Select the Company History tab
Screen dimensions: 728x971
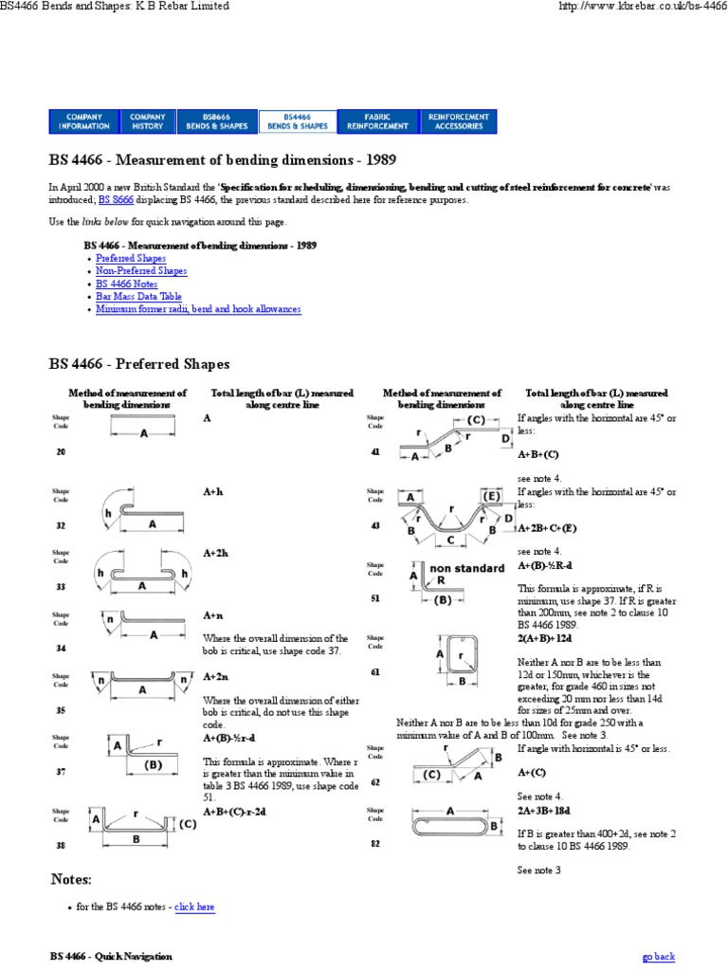point(147,120)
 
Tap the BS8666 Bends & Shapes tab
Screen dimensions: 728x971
point(216,120)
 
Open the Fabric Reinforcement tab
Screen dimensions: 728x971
point(377,120)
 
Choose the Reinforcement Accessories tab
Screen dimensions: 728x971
point(459,120)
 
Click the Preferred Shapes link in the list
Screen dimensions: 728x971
point(131,258)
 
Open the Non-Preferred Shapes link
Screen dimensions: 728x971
point(141,270)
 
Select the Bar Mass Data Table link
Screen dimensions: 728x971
point(138,296)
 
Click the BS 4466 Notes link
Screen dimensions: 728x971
point(127,284)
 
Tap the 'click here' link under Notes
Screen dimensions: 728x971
point(194,907)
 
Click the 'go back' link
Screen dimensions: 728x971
point(659,956)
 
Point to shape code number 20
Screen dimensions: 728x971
point(61,452)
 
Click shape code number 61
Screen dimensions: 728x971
point(375,671)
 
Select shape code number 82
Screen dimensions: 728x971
point(375,843)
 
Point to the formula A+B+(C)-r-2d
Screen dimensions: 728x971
point(234,813)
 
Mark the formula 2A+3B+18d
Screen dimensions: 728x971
point(545,813)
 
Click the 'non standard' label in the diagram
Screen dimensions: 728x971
point(466,569)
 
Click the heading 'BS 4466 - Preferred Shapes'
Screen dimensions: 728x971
point(139,364)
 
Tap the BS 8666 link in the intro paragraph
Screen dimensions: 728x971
point(117,200)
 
